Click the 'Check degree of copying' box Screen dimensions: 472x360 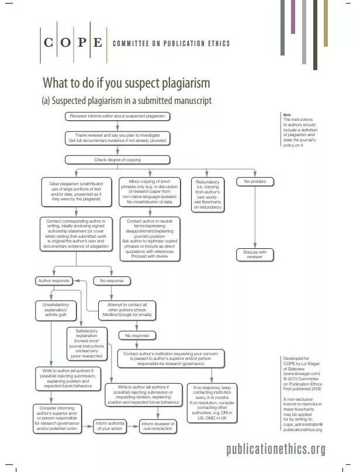click(x=117, y=159)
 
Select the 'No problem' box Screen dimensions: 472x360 click(x=255, y=182)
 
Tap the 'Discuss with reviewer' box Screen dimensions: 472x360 click(x=255, y=254)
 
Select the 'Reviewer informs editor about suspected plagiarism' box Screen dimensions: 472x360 click(x=117, y=116)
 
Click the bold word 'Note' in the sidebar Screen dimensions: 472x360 click(x=286, y=115)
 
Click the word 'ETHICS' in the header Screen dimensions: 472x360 click(x=216, y=44)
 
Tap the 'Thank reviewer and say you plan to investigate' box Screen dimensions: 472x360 click(x=117, y=137)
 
